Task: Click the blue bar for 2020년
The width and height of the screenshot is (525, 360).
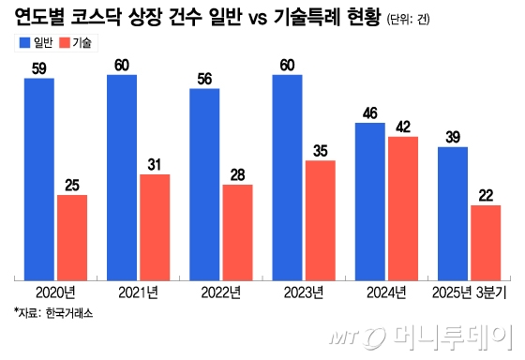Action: [x=39, y=178]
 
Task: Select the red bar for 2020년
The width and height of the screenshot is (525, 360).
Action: [x=72, y=236]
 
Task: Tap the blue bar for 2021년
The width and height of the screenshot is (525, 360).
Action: [x=122, y=176]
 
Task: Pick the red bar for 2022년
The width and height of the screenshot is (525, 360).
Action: [x=237, y=232]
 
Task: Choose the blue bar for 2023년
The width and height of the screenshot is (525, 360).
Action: [x=287, y=176]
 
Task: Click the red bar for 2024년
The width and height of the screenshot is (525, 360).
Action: [x=402, y=207]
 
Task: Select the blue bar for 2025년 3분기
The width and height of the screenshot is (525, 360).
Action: [x=453, y=213]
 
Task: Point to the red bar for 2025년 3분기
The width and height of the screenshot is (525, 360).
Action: [x=485, y=242]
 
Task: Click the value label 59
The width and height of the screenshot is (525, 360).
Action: [x=39, y=68]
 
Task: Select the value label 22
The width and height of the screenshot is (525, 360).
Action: [x=485, y=195]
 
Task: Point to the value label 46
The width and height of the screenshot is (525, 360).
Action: [x=369, y=113]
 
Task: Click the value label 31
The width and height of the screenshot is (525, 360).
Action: [x=155, y=165]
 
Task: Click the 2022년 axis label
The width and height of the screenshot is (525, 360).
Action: [x=220, y=292]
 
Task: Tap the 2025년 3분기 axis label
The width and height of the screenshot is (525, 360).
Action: [x=469, y=292]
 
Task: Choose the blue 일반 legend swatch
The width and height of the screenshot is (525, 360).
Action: [x=23, y=43]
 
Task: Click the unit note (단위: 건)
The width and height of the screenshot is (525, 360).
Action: [x=412, y=20]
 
